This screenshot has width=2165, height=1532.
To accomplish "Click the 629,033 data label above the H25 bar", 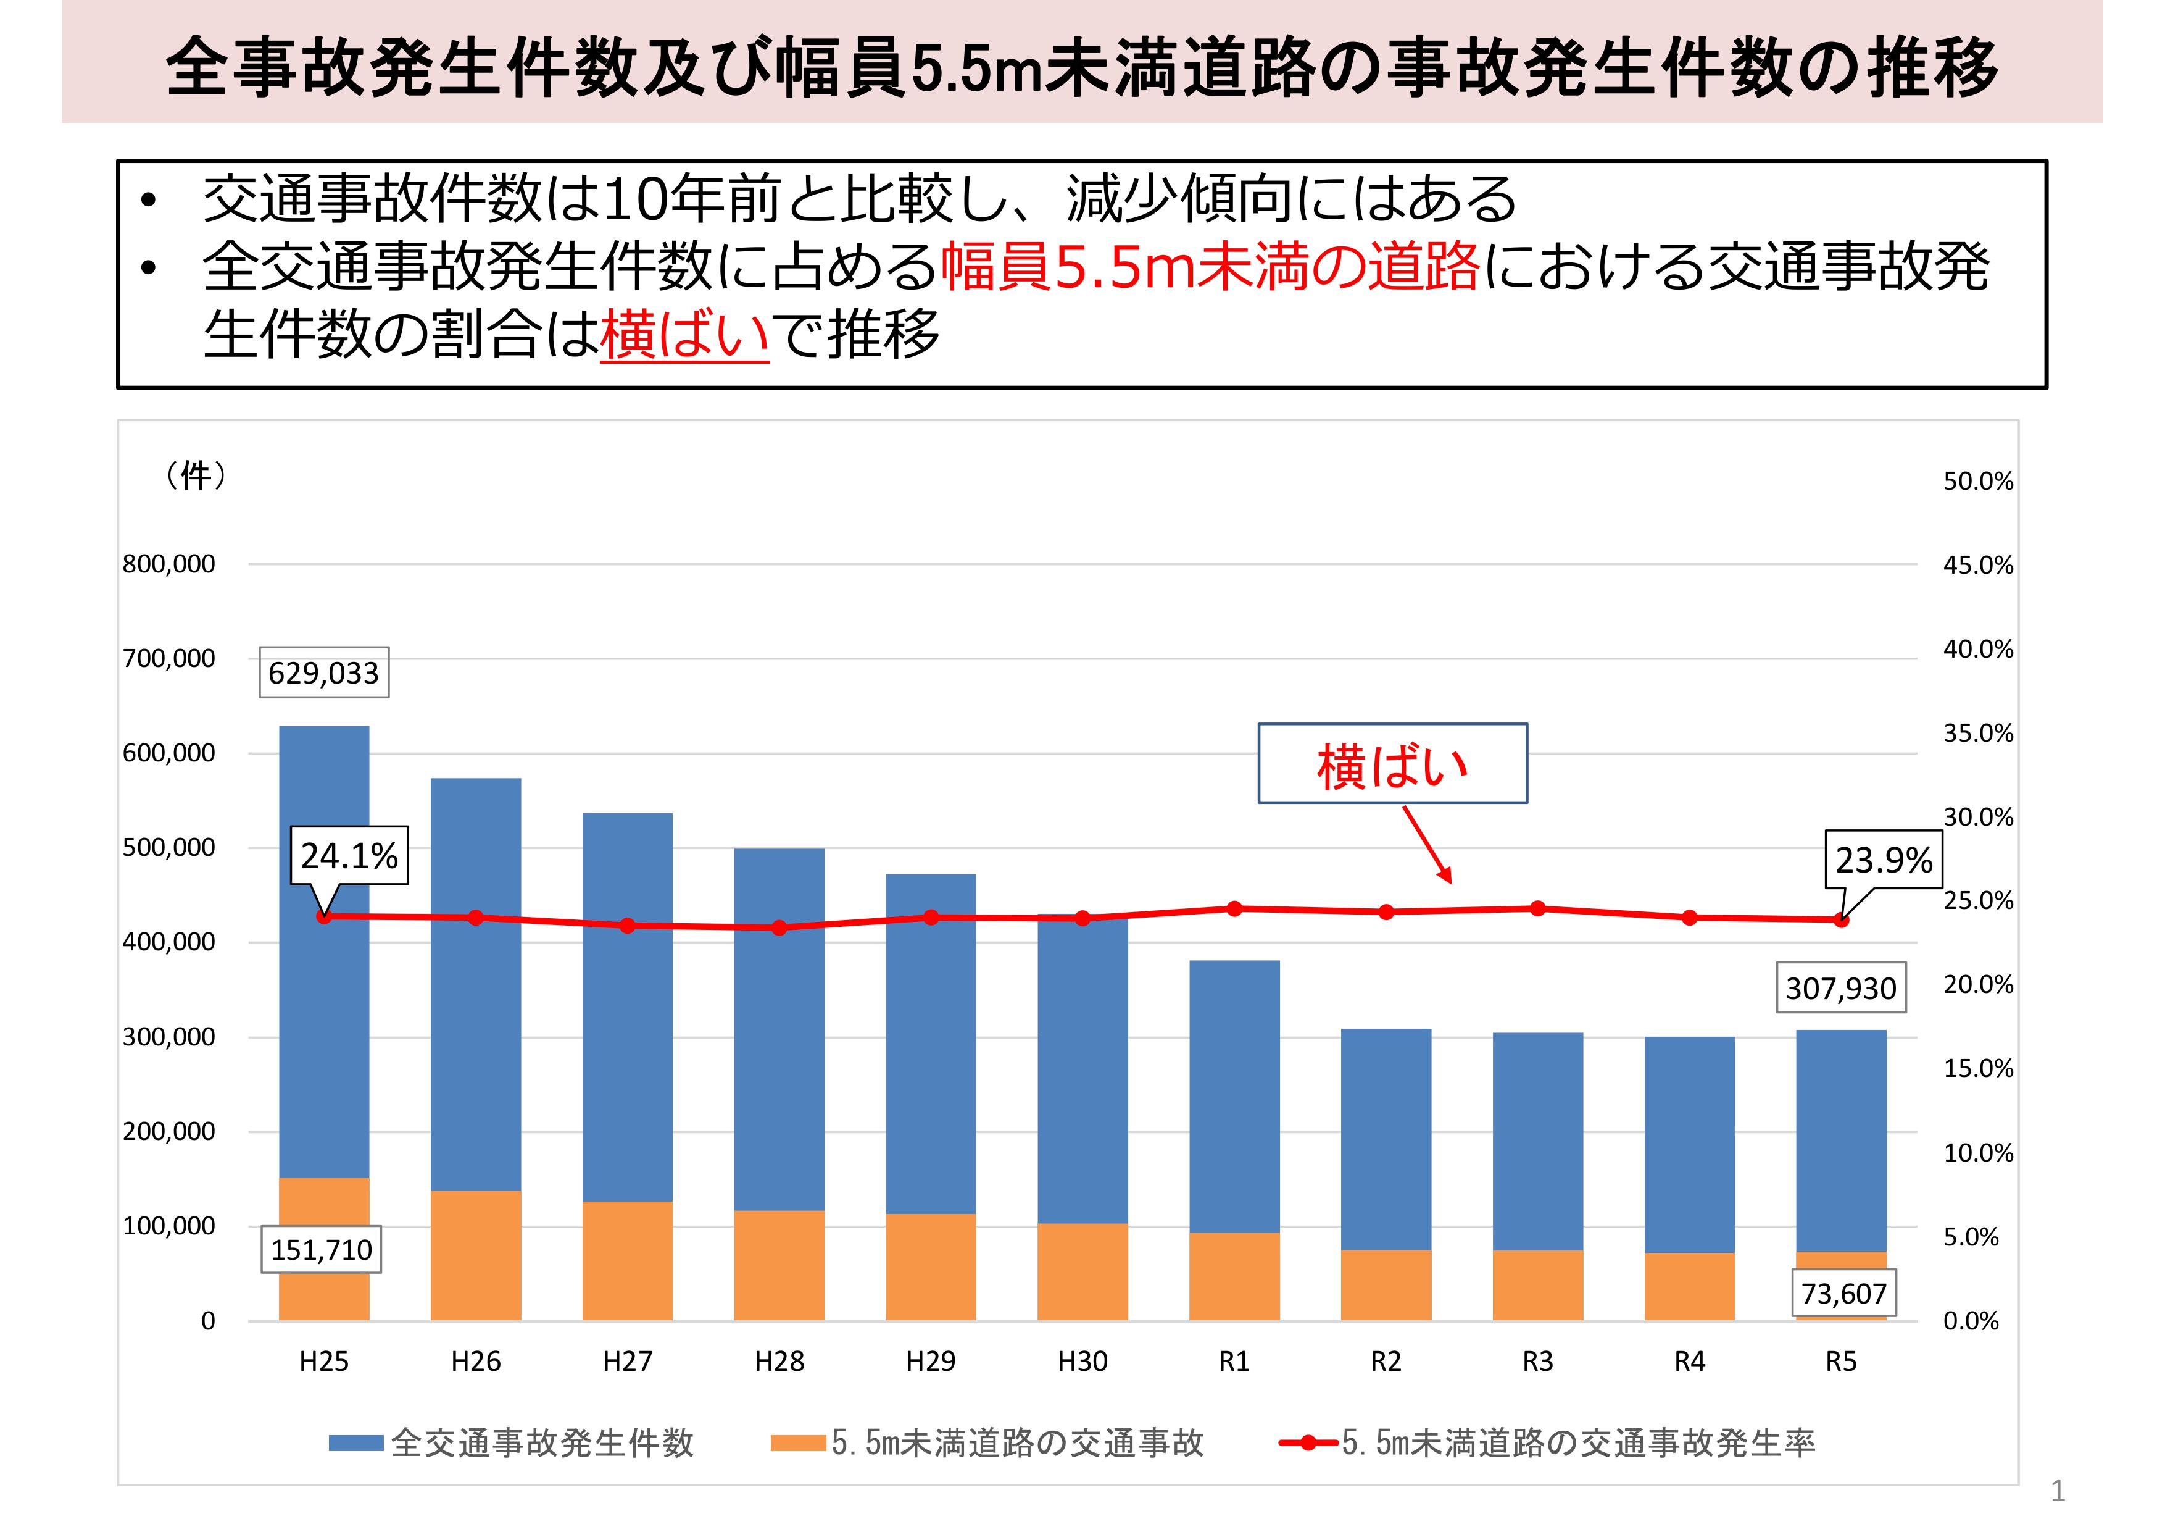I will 323,672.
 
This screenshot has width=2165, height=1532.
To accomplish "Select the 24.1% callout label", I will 349,856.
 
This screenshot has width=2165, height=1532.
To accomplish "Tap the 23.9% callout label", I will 1883,860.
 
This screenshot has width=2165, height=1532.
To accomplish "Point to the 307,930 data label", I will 1840,988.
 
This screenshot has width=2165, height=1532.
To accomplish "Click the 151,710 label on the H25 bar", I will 322,1250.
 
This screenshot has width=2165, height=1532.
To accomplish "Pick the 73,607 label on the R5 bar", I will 1843,1293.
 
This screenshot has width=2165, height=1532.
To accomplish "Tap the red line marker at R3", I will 1537,908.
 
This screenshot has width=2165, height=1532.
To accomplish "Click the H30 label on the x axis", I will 1082,1361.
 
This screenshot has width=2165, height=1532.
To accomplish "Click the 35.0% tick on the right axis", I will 1977,733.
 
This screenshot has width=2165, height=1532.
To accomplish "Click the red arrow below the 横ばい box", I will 1427,844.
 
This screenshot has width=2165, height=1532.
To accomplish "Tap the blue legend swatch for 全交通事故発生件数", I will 355,1443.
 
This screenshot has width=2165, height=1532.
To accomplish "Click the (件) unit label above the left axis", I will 196,474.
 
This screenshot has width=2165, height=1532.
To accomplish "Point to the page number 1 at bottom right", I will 2058,1491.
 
